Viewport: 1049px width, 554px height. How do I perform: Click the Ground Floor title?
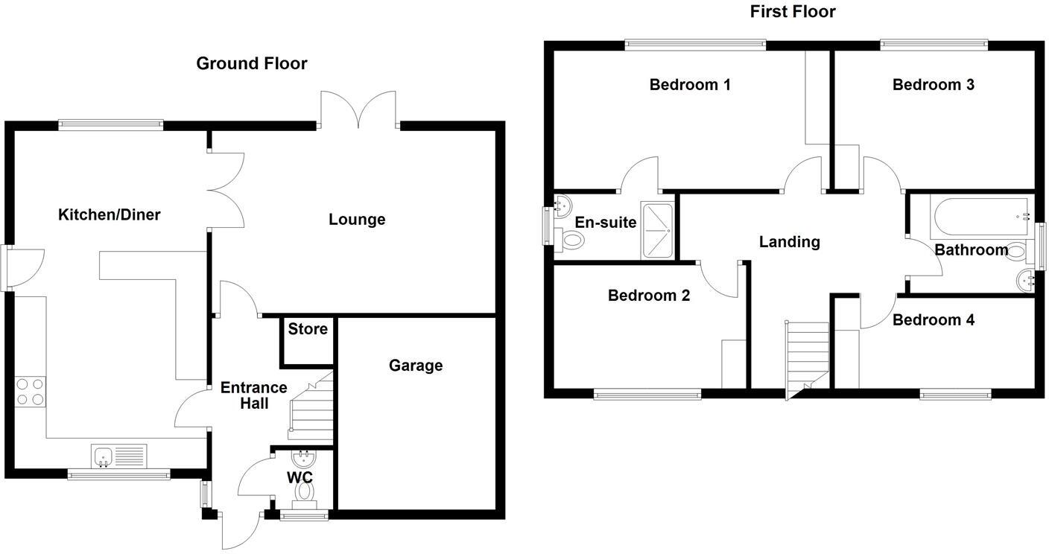point(251,64)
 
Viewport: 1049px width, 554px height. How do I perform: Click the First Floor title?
point(793,12)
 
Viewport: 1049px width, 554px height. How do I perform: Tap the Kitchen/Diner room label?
point(110,215)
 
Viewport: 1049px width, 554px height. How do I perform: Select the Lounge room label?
point(357,220)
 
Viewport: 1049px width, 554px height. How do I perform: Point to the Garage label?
point(415,366)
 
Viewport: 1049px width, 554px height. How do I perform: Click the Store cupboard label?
point(308,329)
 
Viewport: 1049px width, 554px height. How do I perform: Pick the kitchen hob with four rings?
point(29,392)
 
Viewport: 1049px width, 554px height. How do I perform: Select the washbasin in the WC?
point(304,459)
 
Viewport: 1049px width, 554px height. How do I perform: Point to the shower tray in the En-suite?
point(657,231)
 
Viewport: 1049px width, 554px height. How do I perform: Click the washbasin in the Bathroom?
point(1026,280)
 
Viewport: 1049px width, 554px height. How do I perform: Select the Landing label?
point(789,242)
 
